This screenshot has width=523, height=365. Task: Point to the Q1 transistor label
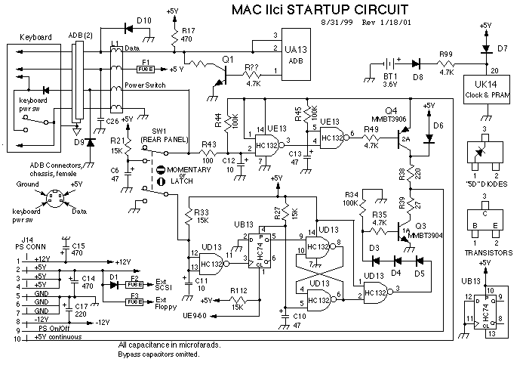pos(228,57)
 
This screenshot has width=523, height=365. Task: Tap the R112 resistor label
pos(239,289)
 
